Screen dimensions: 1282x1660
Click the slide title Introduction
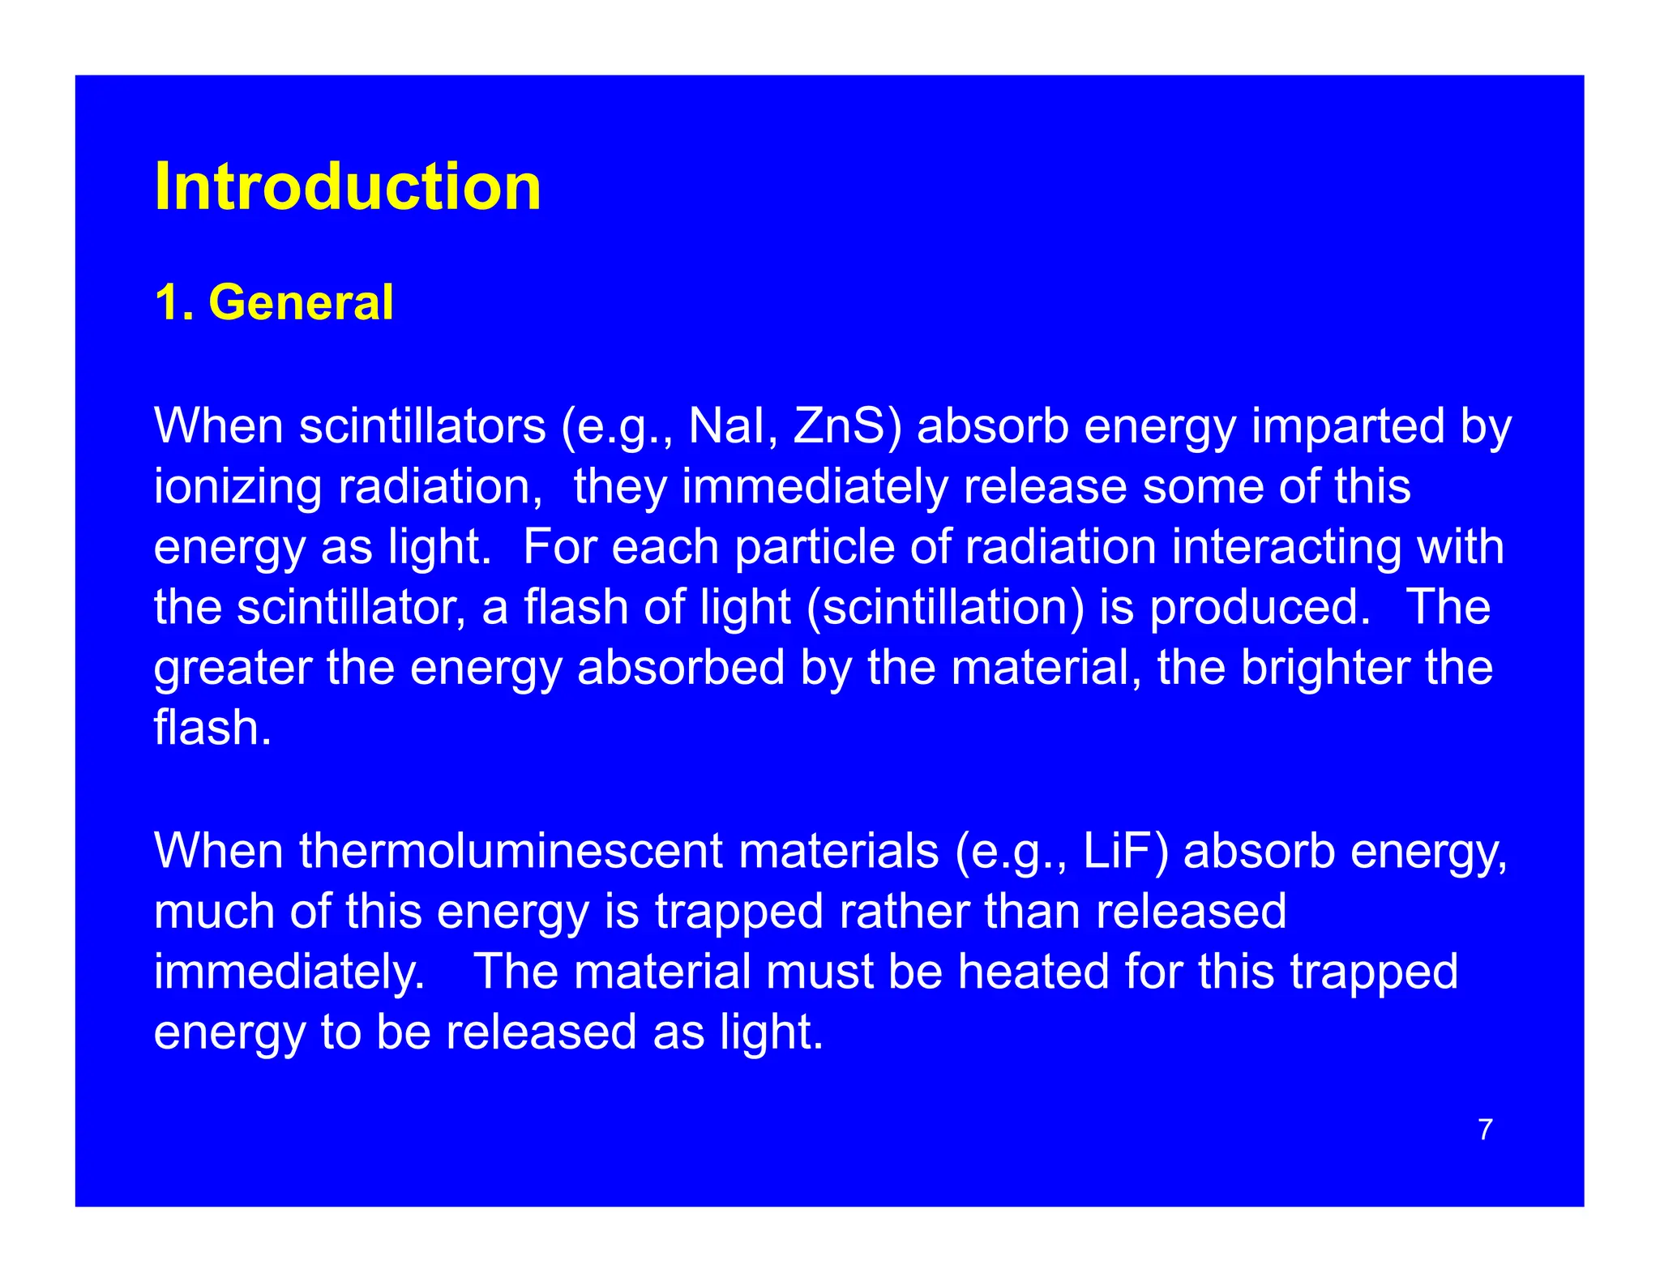pos(347,187)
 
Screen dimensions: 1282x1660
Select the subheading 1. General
pos(274,303)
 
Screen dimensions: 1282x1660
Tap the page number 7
pos(1485,1130)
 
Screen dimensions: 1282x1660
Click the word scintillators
pos(422,426)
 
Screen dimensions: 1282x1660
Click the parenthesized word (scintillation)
pos(944,608)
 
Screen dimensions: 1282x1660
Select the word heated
pos(1033,972)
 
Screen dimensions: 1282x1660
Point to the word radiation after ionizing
pos(439,488)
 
